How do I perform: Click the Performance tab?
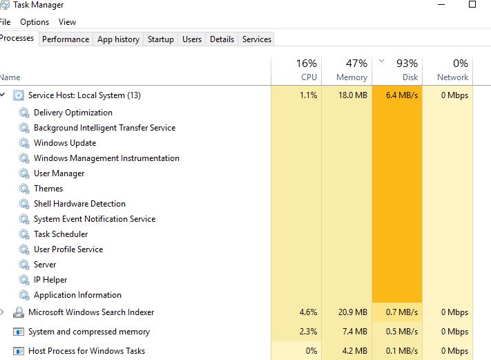tap(66, 39)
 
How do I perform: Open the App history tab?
tap(118, 39)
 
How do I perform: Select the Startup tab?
tap(161, 39)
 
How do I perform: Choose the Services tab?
tap(257, 39)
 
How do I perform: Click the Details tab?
tap(222, 39)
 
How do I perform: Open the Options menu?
tap(35, 22)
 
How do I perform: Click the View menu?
tap(67, 22)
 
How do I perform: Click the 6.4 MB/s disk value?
tap(402, 95)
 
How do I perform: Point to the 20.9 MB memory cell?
tap(352, 312)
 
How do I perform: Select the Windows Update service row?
tap(65, 143)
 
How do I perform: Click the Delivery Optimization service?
tap(73, 113)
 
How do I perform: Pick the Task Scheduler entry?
tap(61, 234)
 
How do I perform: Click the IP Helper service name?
tap(50, 280)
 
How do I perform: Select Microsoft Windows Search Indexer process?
tap(91, 312)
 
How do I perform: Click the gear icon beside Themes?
tap(24, 189)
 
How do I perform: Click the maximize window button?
tap(472, 4)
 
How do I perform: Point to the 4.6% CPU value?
tap(308, 312)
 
